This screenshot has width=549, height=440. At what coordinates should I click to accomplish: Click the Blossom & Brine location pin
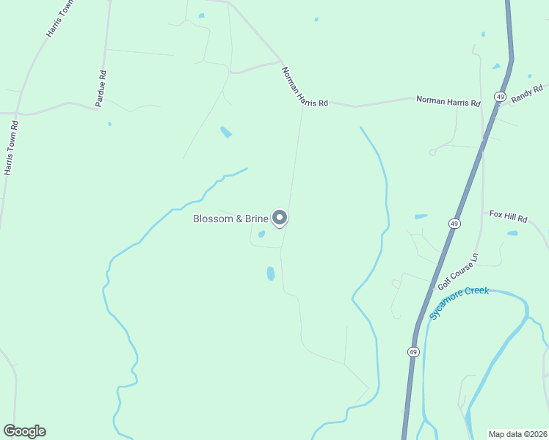click(x=280, y=218)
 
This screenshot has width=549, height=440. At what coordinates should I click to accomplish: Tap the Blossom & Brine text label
click(x=230, y=219)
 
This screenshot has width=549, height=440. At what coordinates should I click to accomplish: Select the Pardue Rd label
click(x=103, y=85)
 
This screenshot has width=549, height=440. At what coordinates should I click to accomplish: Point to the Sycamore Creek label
click(x=459, y=301)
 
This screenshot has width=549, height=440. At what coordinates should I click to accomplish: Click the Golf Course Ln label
click(x=457, y=271)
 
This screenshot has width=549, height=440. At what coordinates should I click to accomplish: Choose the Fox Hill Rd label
click(x=509, y=218)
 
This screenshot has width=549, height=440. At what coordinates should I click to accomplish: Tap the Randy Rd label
click(x=526, y=94)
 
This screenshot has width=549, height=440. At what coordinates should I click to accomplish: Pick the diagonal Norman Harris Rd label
click(x=304, y=88)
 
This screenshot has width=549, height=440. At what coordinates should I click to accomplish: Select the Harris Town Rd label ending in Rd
click(x=11, y=147)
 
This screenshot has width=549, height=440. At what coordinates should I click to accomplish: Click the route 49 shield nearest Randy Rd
click(x=500, y=97)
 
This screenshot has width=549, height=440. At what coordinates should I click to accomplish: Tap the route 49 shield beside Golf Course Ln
click(x=455, y=223)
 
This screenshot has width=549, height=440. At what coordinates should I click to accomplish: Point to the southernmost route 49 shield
click(x=413, y=352)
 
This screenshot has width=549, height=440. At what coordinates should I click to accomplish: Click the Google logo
click(x=24, y=431)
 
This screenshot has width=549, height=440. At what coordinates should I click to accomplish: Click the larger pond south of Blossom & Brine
click(x=271, y=274)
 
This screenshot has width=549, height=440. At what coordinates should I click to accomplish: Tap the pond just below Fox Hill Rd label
click(x=512, y=233)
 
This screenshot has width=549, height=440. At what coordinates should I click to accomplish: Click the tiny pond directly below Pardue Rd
click(x=109, y=123)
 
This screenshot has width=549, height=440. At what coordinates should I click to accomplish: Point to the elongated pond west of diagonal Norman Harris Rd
click(x=226, y=132)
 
